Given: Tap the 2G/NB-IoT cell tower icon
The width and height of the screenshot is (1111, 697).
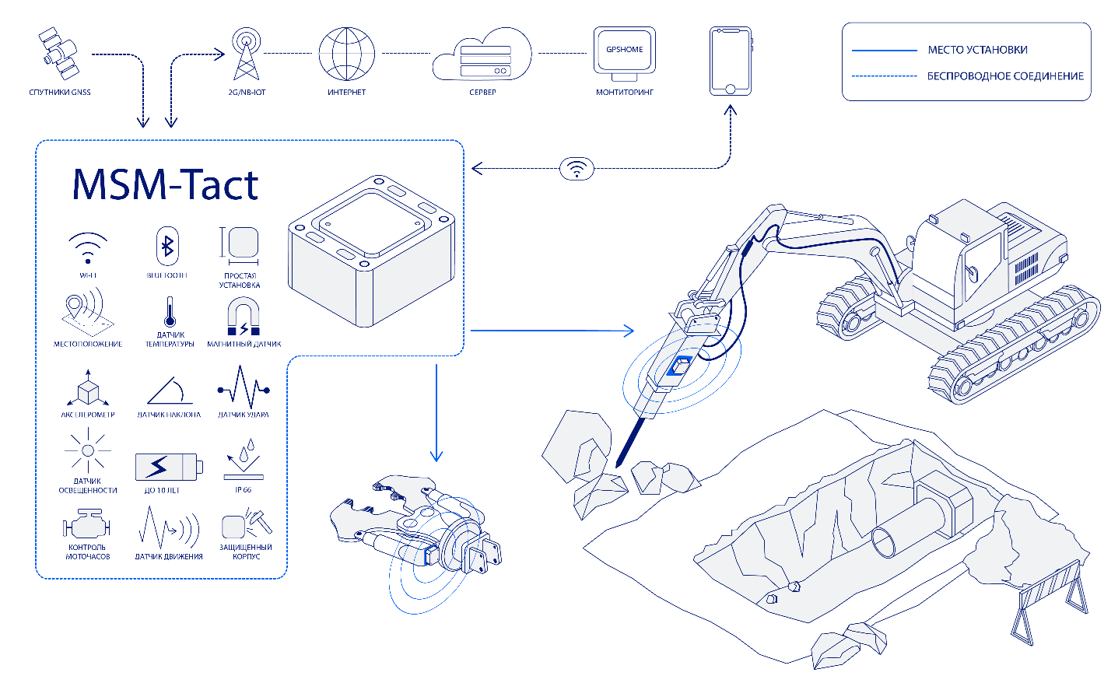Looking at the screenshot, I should click(x=247, y=54).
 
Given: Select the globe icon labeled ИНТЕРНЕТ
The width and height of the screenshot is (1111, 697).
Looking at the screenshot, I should click(x=346, y=54).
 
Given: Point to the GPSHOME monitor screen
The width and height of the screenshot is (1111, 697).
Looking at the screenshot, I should click(x=625, y=51).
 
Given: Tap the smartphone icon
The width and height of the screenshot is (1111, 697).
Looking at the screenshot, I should click(x=730, y=61).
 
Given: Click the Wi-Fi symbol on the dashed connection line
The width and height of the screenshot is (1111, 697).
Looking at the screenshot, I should click(x=577, y=168).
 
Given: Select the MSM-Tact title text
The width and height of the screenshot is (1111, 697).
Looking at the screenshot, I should click(x=165, y=185).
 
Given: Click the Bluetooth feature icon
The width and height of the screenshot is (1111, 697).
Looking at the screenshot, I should click(x=167, y=247).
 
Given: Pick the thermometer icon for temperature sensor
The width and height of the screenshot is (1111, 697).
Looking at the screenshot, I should click(x=170, y=312).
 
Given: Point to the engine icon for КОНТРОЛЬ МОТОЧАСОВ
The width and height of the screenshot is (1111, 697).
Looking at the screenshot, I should click(x=86, y=525).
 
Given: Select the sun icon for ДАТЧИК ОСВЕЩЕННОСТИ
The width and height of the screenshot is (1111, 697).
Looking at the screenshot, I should click(x=87, y=451).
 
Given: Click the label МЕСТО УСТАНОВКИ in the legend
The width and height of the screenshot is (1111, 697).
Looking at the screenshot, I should click(x=977, y=50).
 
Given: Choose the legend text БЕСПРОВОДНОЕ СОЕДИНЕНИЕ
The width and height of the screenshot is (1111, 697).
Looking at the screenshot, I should click(x=1005, y=76).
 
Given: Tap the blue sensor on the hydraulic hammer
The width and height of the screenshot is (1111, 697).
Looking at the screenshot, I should click(x=681, y=365).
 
